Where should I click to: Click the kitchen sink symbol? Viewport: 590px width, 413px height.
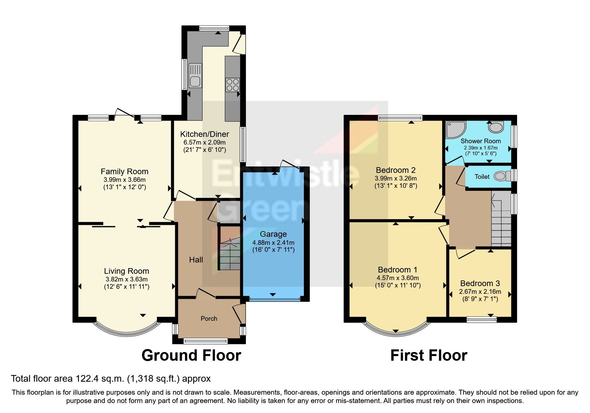click(x=195, y=76)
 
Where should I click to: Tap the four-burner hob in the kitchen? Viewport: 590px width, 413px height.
click(x=233, y=84)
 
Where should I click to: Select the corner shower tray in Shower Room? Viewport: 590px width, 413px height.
click(x=455, y=130)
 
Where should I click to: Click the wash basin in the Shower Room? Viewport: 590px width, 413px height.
click(x=496, y=127)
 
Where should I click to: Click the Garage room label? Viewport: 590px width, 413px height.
click(x=273, y=234)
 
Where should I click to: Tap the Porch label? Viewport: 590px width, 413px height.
click(x=209, y=319)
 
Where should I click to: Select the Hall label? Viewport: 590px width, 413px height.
click(x=196, y=260)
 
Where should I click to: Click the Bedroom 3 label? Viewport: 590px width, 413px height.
click(x=480, y=283)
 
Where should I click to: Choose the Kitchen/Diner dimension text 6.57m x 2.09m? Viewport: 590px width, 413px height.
click(x=205, y=143)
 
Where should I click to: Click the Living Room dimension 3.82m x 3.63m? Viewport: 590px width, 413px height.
click(x=126, y=279)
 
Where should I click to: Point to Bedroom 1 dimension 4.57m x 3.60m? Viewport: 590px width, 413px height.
click(x=397, y=278)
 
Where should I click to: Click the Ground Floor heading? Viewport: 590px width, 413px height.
click(x=191, y=355)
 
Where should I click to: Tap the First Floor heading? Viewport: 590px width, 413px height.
click(x=428, y=355)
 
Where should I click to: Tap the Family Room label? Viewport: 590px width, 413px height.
click(x=124, y=172)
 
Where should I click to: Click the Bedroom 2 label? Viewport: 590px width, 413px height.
click(x=395, y=170)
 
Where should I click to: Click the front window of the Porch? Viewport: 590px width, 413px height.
click(x=206, y=341)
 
